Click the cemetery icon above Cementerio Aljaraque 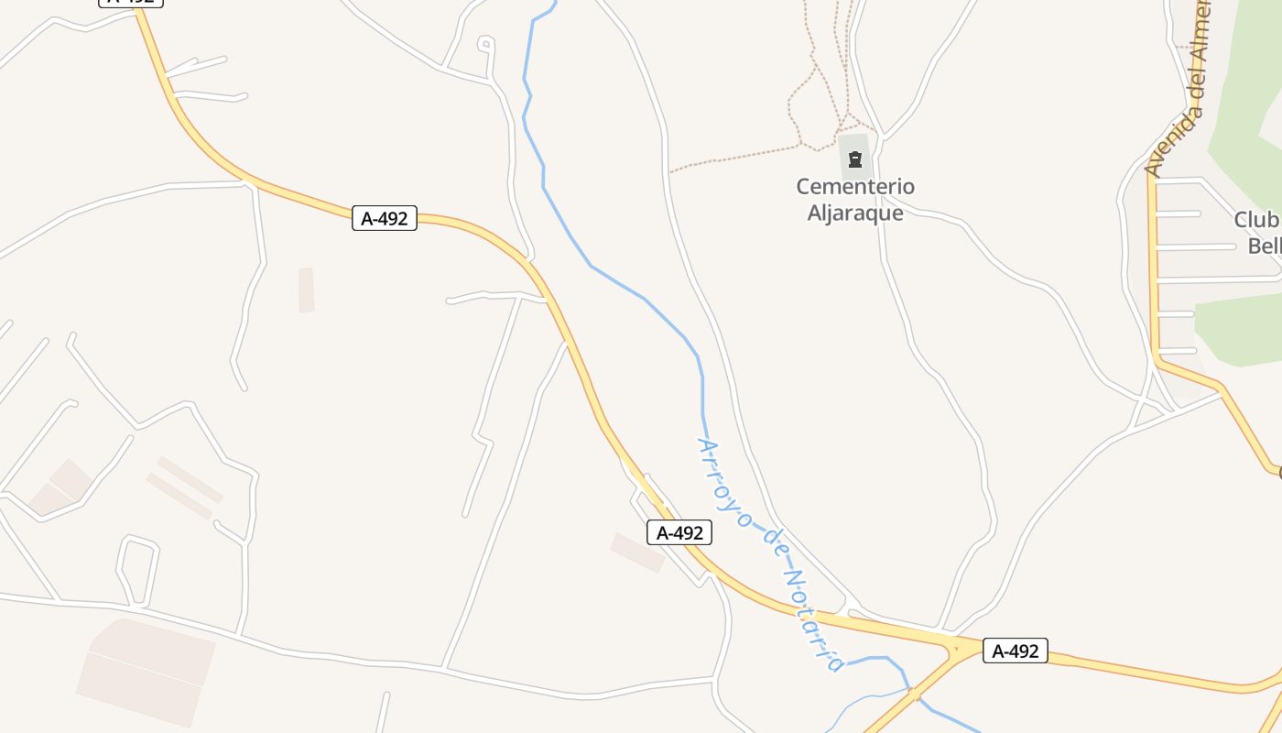tap(855, 160)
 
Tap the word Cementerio tap(855, 187)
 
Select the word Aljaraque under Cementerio tap(855, 213)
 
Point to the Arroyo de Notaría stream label tap(769, 553)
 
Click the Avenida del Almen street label tap(1179, 88)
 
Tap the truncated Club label tap(1257, 220)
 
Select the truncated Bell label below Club tap(1265, 246)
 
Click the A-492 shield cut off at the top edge tap(131, 2)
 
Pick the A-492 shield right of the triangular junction tap(1015, 651)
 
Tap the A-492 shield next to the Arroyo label tap(679, 532)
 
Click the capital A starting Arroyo tap(705, 446)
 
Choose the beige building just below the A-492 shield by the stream tap(637, 552)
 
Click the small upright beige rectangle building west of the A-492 tap(306, 290)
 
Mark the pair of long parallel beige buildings tap(184, 487)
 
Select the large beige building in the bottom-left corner tap(147, 671)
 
